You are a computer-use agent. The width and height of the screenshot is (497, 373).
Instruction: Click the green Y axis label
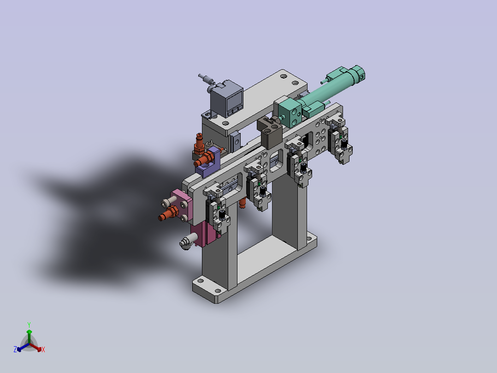[29, 325]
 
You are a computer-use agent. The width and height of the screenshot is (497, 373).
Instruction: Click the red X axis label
[43, 349]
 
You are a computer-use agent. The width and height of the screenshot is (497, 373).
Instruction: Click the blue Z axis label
[15, 349]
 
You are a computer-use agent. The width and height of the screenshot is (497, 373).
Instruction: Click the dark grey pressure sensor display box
[227, 99]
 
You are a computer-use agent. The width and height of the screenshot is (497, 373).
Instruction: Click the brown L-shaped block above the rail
[270, 132]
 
